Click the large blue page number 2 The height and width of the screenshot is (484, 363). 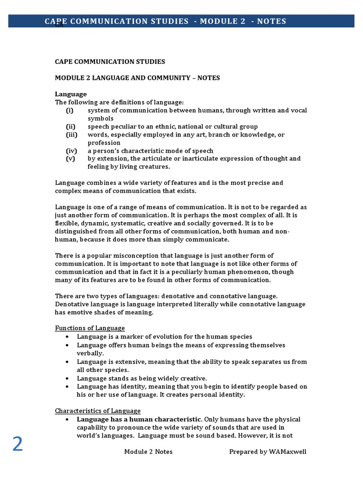click(x=17, y=445)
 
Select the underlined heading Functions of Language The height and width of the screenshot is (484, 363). click(x=90, y=328)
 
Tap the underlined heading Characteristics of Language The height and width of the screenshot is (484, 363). click(x=98, y=411)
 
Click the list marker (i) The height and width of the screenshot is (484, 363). click(x=69, y=110)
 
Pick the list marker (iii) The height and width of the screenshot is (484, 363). click(x=71, y=135)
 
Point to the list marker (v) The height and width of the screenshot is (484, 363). click(x=70, y=158)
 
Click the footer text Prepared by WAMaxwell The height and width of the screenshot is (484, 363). click(x=268, y=451)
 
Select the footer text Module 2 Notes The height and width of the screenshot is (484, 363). click(x=148, y=451)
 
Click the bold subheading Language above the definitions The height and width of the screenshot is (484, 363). click(x=71, y=94)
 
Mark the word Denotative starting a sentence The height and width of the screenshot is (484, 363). click(x=73, y=304)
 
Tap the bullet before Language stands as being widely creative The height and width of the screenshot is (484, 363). click(x=69, y=378)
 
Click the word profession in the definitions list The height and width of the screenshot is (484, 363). click(x=104, y=143)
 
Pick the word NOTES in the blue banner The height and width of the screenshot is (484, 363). click(x=272, y=21)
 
